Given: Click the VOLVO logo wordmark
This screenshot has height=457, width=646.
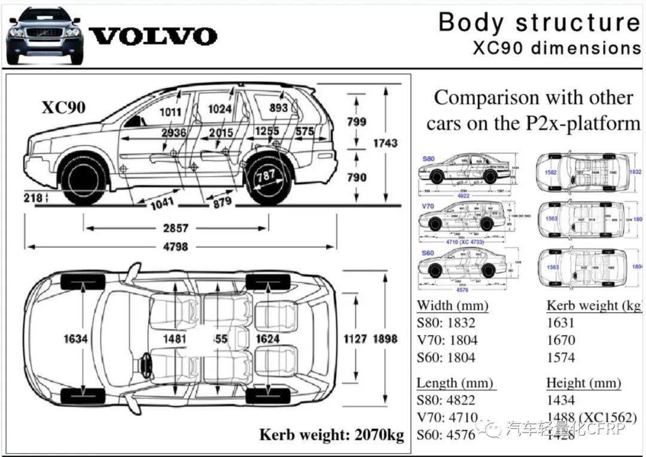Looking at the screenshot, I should pos(153,36).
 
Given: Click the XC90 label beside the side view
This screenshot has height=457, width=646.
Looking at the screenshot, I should pos(63,108).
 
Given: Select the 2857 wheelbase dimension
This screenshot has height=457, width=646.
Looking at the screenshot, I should pos(176,228).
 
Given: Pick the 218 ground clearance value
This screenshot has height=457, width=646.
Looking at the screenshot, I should pos(34,197).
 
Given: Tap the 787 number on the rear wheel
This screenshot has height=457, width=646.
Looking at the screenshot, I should pos(266,176).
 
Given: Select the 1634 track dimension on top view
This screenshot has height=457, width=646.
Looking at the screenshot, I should pos(76,339).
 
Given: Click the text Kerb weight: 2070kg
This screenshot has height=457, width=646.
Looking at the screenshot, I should pos(331,434).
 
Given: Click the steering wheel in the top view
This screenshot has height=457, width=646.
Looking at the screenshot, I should pos(145,363).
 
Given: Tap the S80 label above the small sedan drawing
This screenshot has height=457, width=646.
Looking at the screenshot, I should pos(428,159).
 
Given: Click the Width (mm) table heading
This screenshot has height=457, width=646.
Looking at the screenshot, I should pos(452,305).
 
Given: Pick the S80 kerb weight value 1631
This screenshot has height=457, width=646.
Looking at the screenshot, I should pos(560,323).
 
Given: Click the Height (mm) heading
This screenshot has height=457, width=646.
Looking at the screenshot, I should pos(583,383).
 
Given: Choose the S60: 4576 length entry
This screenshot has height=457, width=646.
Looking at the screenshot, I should pos(446,434).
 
